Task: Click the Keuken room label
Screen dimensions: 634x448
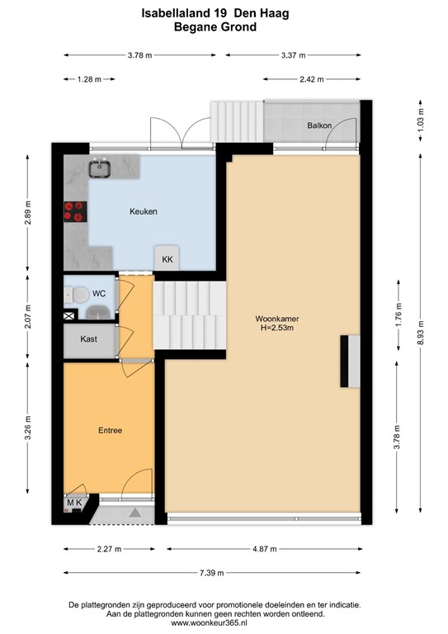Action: click(x=143, y=211)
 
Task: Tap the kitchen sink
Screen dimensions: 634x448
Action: click(x=101, y=168)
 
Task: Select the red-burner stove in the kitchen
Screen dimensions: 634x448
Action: click(x=74, y=211)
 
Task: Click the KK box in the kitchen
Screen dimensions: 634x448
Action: click(x=167, y=259)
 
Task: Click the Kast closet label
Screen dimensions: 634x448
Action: click(x=89, y=339)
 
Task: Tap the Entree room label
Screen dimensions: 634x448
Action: click(x=110, y=430)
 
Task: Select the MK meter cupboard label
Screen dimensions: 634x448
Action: click(x=74, y=503)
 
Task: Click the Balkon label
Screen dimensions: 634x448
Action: click(x=319, y=125)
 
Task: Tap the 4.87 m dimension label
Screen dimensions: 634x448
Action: click(x=265, y=548)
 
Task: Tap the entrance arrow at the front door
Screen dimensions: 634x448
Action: click(x=133, y=513)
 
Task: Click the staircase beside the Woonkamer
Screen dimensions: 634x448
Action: click(x=191, y=315)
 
